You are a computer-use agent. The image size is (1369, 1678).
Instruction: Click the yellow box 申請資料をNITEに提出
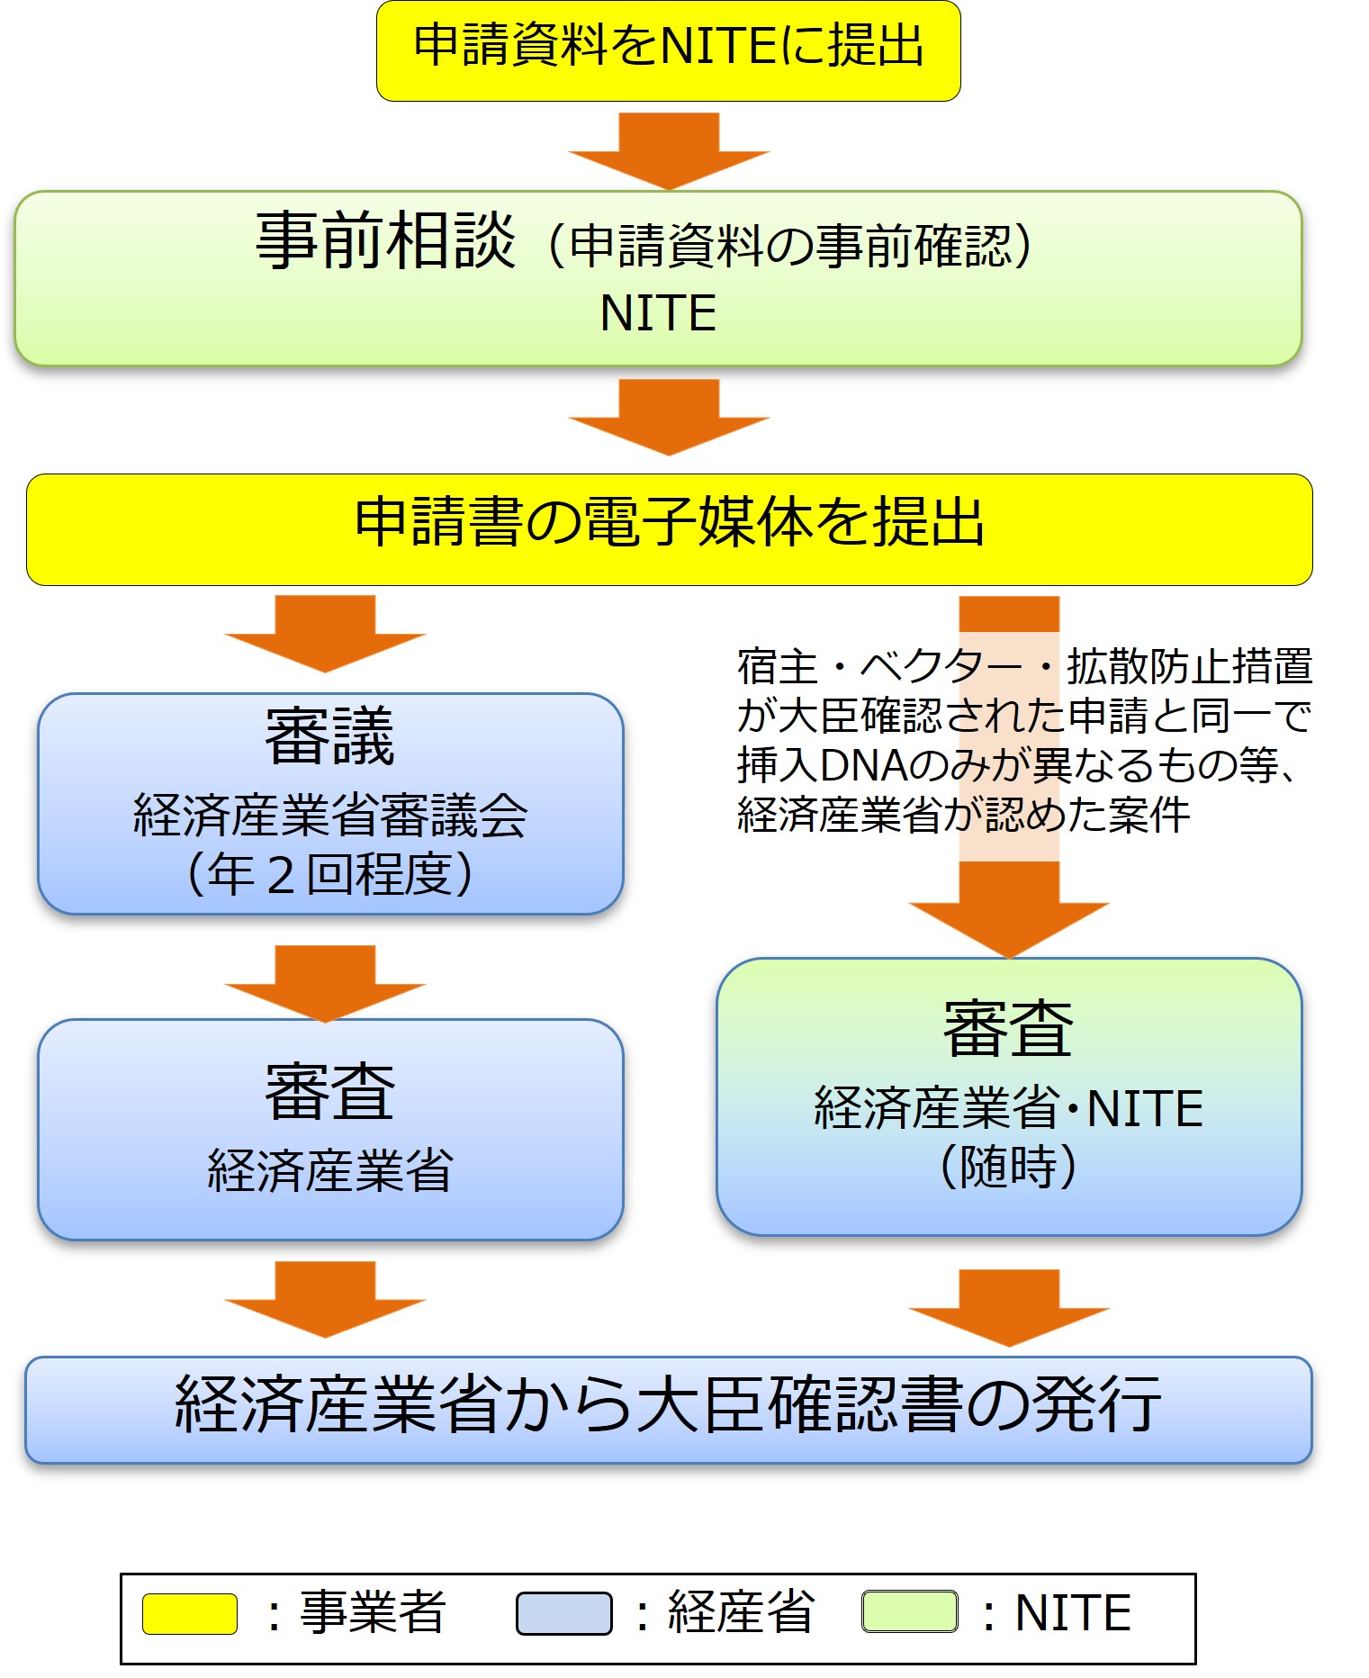[x=668, y=50]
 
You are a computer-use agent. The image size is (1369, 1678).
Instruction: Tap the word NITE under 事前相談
[x=658, y=313]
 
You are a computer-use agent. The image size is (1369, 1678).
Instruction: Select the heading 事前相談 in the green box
[x=385, y=241]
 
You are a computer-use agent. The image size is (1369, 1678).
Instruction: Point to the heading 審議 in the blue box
[x=329, y=736]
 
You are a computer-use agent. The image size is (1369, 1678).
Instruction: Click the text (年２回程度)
[x=329, y=874]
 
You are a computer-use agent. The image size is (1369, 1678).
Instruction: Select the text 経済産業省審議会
[x=329, y=816]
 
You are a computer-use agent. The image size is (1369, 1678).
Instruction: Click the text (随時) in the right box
[x=1008, y=1167]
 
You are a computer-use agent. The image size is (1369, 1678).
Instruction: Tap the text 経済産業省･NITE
[x=1008, y=1107]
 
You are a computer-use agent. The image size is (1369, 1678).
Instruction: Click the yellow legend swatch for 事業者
[x=190, y=1613]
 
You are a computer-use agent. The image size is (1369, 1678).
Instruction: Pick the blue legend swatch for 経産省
[x=563, y=1613]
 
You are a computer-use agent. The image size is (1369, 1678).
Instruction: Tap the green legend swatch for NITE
[x=910, y=1611]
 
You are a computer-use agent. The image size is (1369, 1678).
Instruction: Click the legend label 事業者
[x=373, y=1612]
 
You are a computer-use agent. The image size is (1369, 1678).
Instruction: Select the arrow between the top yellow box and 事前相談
[x=668, y=149]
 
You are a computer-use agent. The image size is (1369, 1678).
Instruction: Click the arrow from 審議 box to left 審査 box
[x=325, y=982]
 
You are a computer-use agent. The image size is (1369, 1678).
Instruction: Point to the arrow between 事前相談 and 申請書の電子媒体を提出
[x=668, y=416]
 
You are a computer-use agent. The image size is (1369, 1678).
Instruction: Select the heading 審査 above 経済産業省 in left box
[x=329, y=1091]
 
